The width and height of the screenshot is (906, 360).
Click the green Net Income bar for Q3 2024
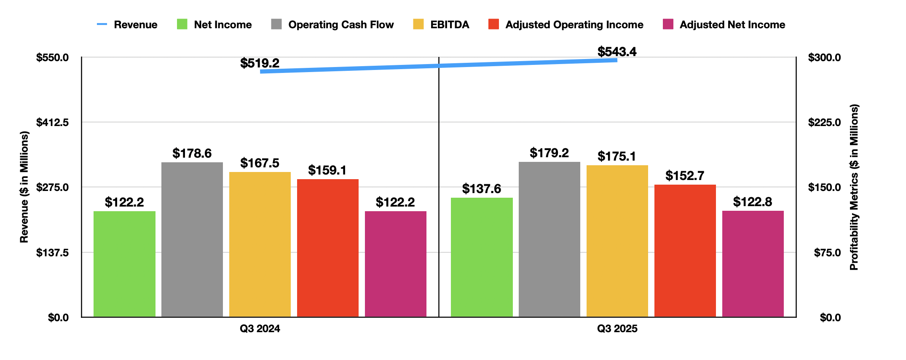124,264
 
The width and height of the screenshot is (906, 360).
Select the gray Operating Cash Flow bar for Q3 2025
549,239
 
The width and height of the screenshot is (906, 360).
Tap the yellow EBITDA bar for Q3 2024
260,244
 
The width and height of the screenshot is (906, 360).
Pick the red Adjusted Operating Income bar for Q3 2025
685,250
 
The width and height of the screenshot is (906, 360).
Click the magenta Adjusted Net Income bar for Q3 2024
395,264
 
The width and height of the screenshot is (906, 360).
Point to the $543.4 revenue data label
617,52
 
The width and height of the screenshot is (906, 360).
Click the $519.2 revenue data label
260,63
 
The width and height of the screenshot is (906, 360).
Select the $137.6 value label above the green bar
481,189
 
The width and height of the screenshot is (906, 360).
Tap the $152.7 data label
685,176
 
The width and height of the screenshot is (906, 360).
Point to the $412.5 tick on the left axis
52,122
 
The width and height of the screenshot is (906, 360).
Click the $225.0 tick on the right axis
824,122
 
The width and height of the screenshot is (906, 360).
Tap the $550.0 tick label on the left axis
52,57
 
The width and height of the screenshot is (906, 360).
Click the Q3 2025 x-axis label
617,329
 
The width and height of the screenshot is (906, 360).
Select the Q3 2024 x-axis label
260,329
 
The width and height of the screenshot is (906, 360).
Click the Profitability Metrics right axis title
854,187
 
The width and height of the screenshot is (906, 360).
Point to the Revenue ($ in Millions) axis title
24,187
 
